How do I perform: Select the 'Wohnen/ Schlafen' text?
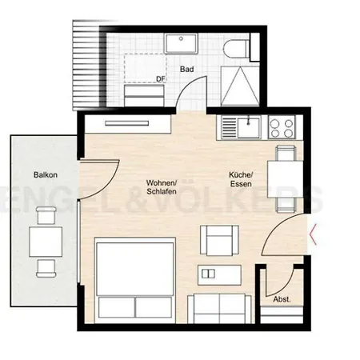pyautogui.click(x=162, y=188)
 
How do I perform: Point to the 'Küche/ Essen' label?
pyautogui.click(x=241, y=181)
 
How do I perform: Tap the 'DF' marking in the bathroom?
pyautogui.click(x=160, y=78)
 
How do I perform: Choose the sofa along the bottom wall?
pyautogui.click(x=221, y=307)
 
